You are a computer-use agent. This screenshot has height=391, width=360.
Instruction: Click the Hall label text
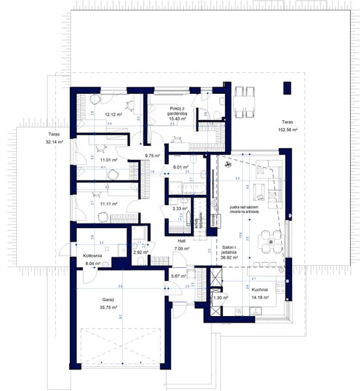tap(181, 240)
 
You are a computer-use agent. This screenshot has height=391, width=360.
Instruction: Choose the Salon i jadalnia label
tap(229, 251)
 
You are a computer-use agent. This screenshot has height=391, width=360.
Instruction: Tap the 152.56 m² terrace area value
tap(286, 130)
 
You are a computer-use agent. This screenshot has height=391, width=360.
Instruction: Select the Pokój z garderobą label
tap(175, 110)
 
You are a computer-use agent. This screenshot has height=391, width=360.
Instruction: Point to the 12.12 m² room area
tap(113, 113)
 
